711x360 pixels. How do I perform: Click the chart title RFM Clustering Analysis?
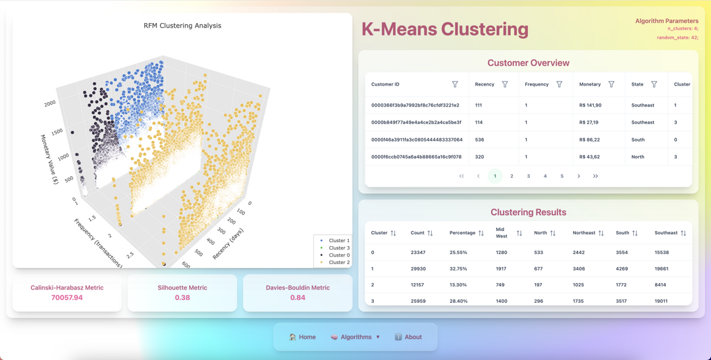coord(182,26)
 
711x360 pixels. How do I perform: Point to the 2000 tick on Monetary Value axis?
coord(49,104)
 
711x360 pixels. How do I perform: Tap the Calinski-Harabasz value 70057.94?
coord(67,297)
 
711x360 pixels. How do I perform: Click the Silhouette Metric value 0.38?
coord(182,297)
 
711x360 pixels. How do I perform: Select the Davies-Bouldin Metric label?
coord(298,288)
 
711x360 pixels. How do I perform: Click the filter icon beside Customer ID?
coord(455,84)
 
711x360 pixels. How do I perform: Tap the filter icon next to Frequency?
coord(560,84)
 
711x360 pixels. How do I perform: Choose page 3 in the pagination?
coord(529,176)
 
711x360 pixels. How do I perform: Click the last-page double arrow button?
coord(595,176)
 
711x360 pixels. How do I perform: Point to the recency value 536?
coord(479,140)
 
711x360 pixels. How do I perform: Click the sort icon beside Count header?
coord(430,233)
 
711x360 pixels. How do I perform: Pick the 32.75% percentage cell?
coord(458,269)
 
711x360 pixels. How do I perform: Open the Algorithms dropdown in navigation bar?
coord(356,337)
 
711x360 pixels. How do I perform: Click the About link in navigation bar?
coord(409,337)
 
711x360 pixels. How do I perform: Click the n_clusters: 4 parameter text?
coord(683,29)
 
